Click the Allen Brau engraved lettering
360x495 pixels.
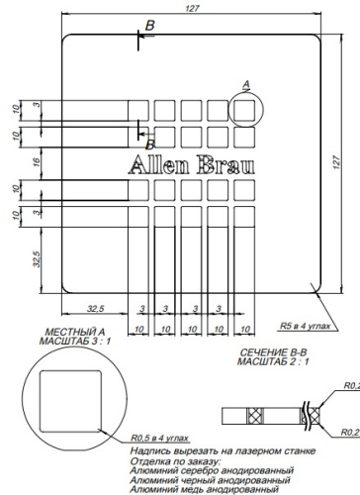click(x=191, y=164)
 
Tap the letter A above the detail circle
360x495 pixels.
click(x=247, y=84)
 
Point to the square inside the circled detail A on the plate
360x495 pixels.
click(x=247, y=107)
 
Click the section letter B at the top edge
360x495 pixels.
click(x=149, y=24)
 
